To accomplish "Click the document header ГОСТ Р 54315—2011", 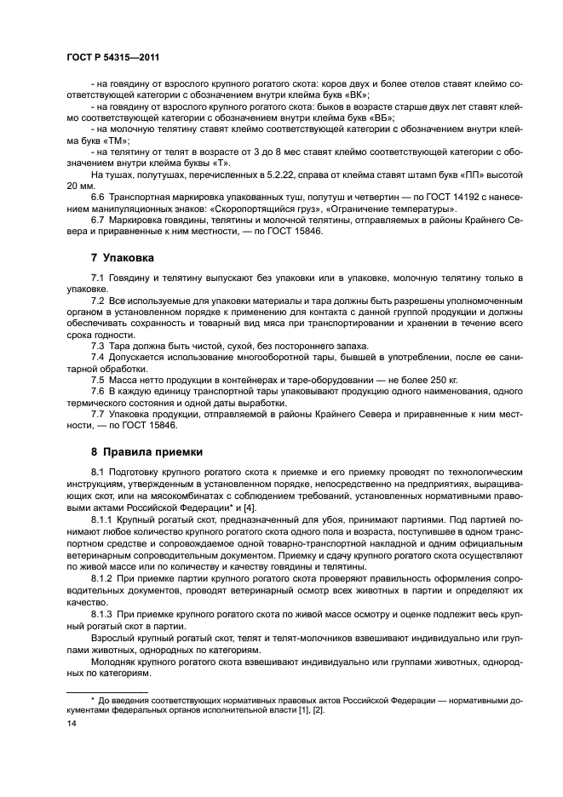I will [112, 56].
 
